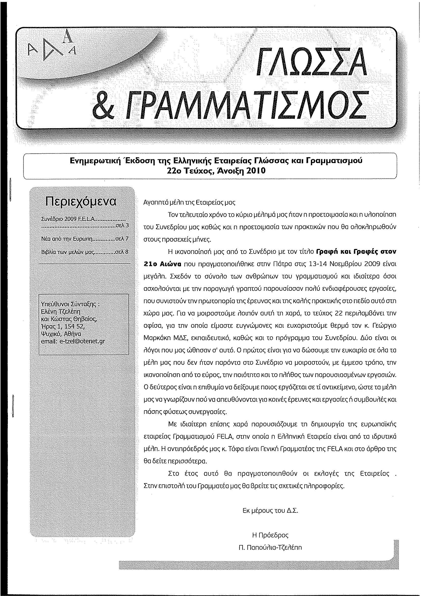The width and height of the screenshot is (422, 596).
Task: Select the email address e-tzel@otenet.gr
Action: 82,341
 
